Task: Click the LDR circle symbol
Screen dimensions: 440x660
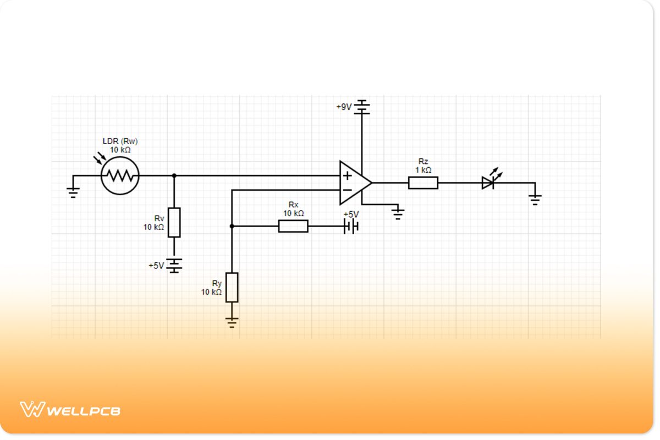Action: coord(120,175)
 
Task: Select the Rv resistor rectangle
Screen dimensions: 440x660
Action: coord(174,222)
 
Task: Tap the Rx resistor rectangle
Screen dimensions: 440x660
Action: coord(293,226)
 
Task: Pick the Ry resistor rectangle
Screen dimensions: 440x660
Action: coord(232,287)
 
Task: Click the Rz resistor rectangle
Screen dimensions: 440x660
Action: coord(423,183)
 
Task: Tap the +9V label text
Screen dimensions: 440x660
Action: coord(344,107)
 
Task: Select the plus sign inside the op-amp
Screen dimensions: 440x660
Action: coord(347,176)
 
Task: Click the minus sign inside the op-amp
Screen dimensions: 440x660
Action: coord(347,190)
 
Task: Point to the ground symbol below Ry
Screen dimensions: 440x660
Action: coord(232,321)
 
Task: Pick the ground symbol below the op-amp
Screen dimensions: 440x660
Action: coord(398,212)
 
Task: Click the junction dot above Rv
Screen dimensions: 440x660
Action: coord(174,175)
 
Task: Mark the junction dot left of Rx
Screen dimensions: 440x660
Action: coord(232,226)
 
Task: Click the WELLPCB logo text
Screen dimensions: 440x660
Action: coord(84,410)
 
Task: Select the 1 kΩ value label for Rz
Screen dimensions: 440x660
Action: coord(423,170)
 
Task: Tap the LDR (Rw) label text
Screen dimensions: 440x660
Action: coord(120,141)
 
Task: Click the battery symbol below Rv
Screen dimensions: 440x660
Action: coord(174,266)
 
